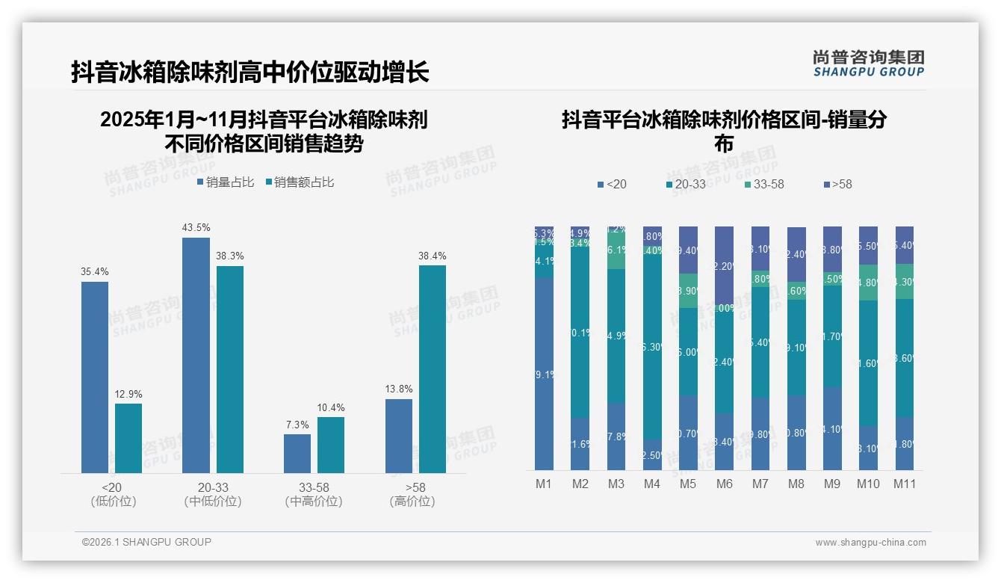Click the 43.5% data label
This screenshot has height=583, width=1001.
(196, 227)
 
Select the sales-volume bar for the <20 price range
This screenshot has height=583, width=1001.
(95, 377)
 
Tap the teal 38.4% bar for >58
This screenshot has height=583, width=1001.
(433, 369)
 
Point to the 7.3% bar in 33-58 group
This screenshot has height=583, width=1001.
(297, 454)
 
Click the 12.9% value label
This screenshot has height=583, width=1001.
(128, 394)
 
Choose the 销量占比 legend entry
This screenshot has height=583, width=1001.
(226, 182)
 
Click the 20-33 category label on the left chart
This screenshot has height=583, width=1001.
(212, 487)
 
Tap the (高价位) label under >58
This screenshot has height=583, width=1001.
(412, 502)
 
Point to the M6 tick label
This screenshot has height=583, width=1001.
(724, 484)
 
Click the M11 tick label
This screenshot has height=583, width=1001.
(905, 484)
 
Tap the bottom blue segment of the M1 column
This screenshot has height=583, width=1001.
(545, 374)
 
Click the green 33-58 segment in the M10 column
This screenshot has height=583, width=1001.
(868, 283)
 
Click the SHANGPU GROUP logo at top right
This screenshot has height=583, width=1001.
(868, 64)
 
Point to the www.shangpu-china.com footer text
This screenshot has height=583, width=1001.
(870, 543)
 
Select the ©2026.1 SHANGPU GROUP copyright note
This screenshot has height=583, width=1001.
(146, 542)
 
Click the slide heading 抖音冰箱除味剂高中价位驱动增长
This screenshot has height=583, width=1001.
(250, 73)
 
